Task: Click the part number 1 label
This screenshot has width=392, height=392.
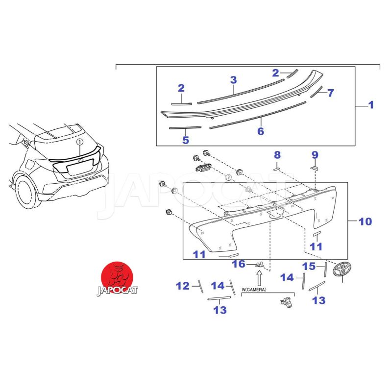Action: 371,105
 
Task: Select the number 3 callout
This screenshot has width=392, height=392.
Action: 233,80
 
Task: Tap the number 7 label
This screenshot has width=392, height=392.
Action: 330,93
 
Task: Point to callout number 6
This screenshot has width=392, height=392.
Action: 261,131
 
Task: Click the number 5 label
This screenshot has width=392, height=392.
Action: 185,140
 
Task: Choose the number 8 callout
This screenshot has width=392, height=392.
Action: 277,155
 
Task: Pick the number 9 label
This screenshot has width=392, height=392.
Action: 315,155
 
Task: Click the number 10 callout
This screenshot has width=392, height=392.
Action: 365,221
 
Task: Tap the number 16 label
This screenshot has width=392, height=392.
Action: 239,264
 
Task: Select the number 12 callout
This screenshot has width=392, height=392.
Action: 183,286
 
